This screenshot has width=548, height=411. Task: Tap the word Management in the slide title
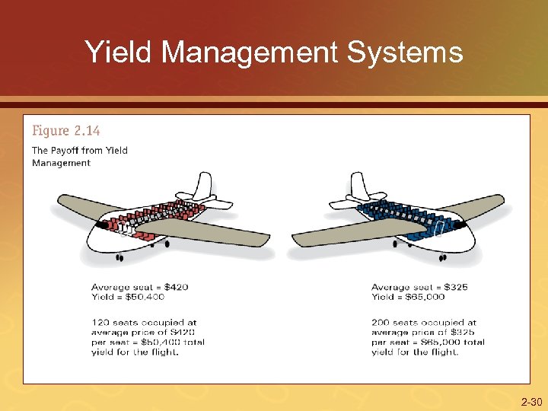[x=249, y=53]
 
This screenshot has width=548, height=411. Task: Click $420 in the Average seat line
[x=174, y=287]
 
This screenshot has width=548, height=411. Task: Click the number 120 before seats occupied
[x=101, y=323]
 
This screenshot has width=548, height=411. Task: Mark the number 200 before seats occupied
[x=381, y=323]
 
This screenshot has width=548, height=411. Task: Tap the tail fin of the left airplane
[x=202, y=186]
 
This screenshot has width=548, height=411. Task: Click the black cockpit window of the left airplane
[x=100, y=226]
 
